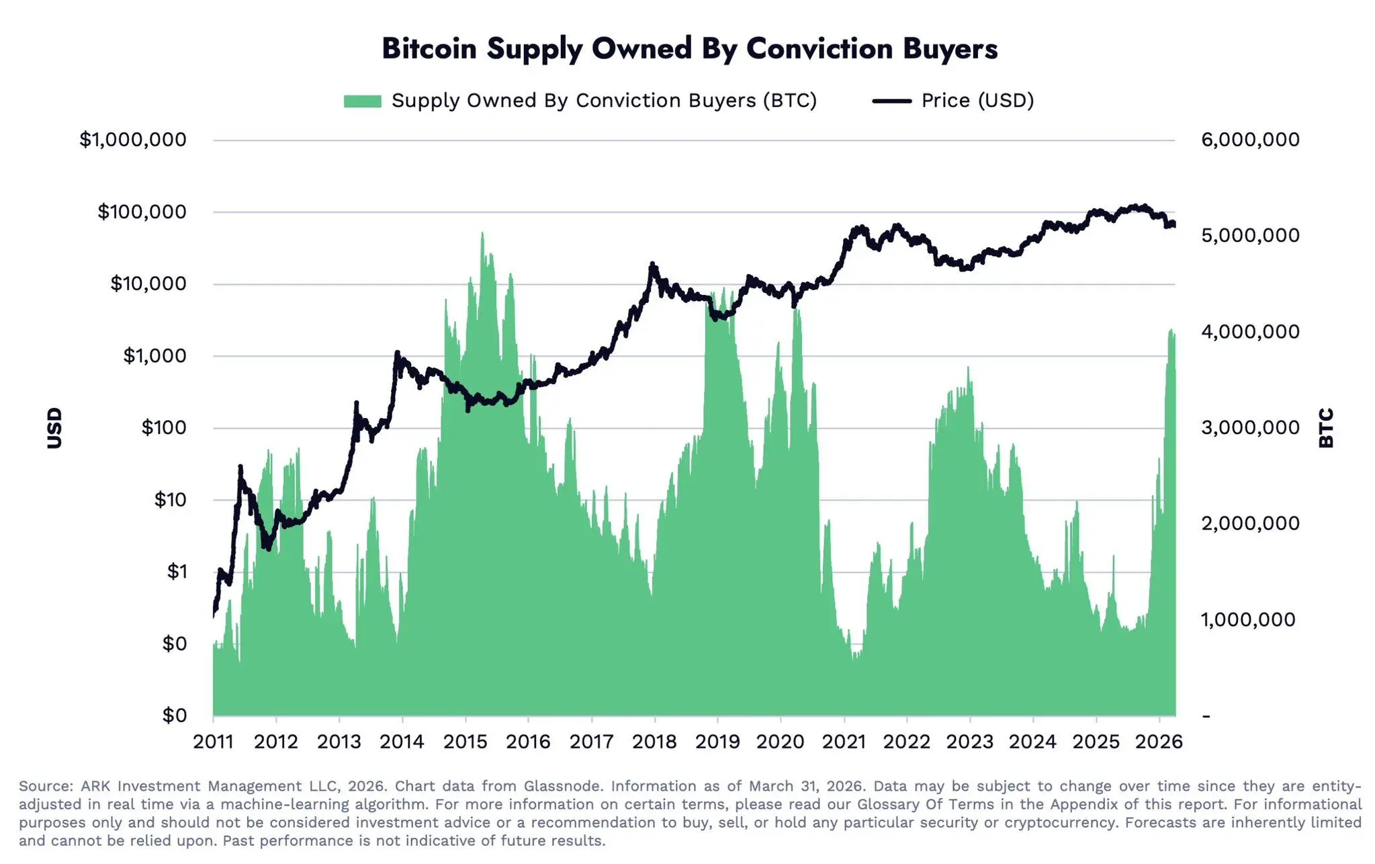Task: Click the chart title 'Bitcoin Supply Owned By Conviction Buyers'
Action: (689, 49)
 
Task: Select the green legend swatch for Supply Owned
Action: (362, 101)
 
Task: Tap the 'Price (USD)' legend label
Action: (977, 101)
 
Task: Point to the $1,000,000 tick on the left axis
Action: (133, 140)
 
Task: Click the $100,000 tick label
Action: (142, 212)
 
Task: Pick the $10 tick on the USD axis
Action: (170, 500)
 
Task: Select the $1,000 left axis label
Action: (154, 355)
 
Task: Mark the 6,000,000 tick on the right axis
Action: (1250, 140)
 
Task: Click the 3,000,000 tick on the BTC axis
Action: (1250, 427)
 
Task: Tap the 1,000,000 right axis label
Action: (1248, 619)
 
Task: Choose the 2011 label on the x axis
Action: (213, 742)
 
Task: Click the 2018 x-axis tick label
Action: (654, 742)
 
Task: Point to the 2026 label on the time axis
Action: (1159, 742)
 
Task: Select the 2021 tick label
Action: (844, 742)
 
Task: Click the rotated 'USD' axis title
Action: (54, 428)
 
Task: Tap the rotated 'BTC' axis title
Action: (1326, 428)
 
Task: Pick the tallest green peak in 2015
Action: (482, 234)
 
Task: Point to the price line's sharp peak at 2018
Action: (652, 264)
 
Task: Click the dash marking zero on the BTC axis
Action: (1206, 716)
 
